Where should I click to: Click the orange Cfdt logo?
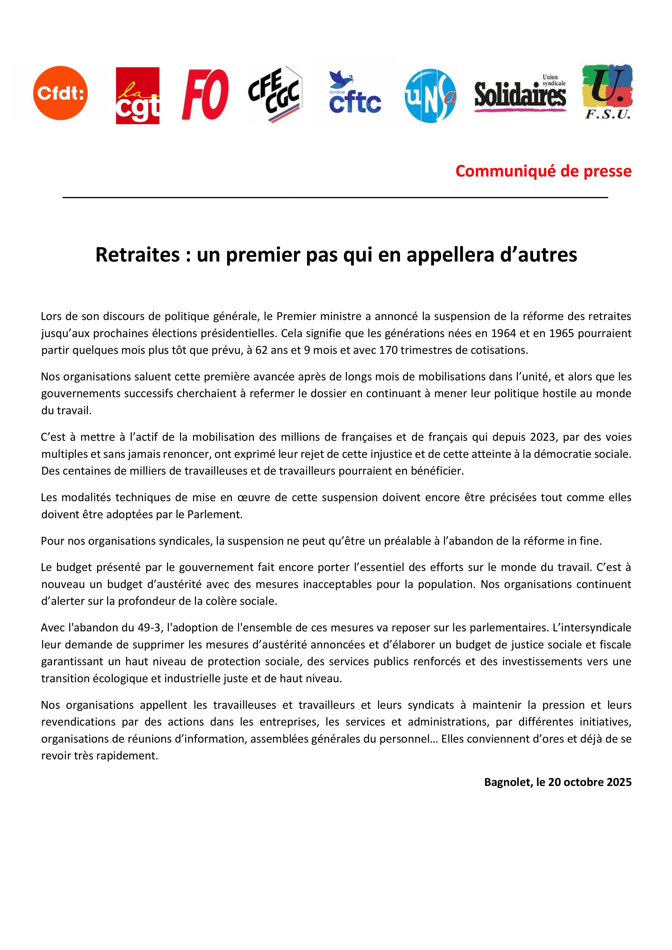pyautogui.click(x=60, y=93)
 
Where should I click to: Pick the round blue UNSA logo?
pyautogui.click(x=430, y=96)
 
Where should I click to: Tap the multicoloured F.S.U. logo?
pyautogui.click(x=608, y=92)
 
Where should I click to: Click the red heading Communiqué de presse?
pyautogui.click(x=543, y=171)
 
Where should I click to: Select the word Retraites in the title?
pyautogui.click(x=137, y=254)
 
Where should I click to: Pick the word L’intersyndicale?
pyautogui.click(x=592, y=628)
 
